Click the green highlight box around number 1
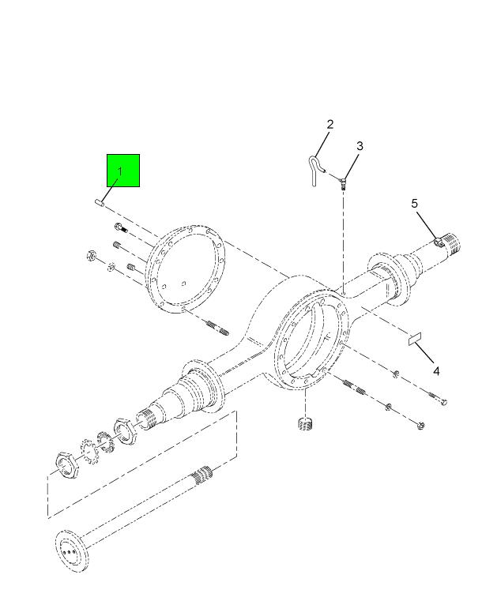[x=123, y=171]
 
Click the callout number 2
[x=330, y=124]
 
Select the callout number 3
[x=360, y=146]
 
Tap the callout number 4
[x=436, y=371]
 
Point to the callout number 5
[x=414, y=204]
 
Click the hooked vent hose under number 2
[x=314, y=170]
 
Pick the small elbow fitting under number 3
[x=343, y=182]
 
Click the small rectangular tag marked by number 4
[x=415, y=339]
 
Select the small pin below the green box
[x=100, y=202]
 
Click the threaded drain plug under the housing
[x=305, y=424]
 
